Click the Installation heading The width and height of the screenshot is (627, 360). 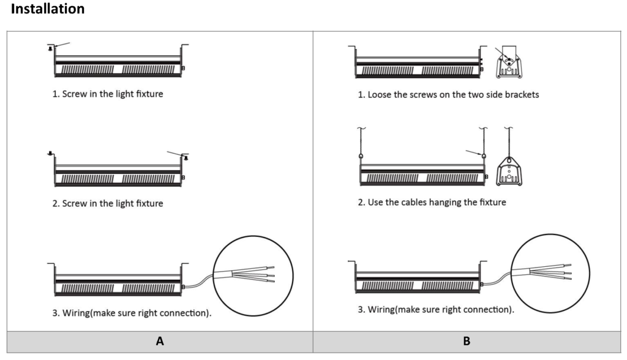(x=48, y=10)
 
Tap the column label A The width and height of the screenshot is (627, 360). (x=160, y=342)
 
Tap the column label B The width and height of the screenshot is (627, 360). (x=467, y=342)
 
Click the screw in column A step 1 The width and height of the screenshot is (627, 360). (x=50, y=48)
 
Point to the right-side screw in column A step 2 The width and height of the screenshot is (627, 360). (x=186, y=157)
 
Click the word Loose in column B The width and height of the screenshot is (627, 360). (x=380, y=96)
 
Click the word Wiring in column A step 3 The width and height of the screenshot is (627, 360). (x=76, y=313)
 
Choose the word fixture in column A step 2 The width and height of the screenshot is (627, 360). (x=148, y=203)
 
